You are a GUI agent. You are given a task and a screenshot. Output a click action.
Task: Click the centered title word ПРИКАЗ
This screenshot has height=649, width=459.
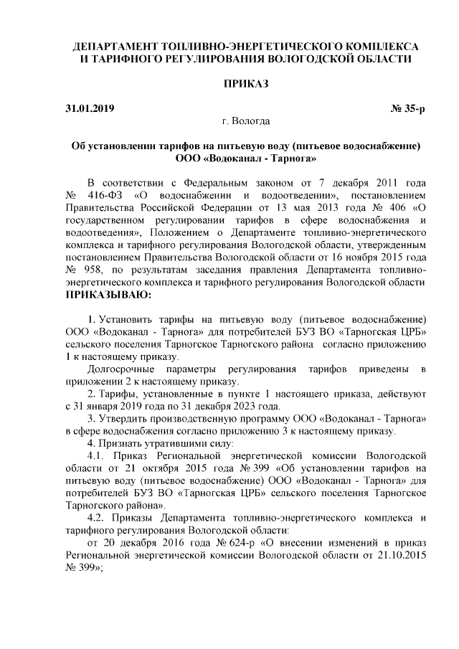[x=244, y=85]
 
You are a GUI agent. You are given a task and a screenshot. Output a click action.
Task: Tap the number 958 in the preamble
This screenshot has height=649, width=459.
[x=98, y=270]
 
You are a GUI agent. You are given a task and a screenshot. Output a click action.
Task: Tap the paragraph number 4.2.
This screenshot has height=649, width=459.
[x=95, y=518]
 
